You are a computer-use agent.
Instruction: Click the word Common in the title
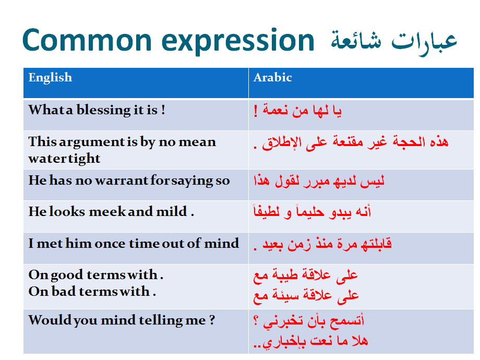[87, 40]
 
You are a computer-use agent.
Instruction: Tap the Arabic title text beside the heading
[394, 42]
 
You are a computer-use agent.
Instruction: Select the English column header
[50, 78]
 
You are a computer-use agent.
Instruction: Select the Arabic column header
[272, 77]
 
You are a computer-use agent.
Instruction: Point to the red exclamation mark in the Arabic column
[256, 111]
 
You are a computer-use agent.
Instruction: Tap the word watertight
[64, 159]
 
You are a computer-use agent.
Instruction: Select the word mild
[172, 211]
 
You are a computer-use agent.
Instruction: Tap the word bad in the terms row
[64, 291]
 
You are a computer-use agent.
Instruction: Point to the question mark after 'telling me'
[212, 320]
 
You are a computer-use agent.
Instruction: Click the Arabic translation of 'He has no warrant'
[319, 181]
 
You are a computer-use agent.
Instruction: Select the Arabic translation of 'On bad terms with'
[306, 295]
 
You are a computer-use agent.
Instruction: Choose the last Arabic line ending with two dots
[311, 341]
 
